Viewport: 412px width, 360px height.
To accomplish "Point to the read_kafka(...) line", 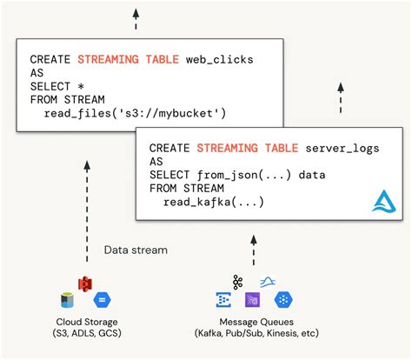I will (x=214, y=202).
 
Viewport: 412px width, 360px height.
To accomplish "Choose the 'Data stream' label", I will (x=136, y=250).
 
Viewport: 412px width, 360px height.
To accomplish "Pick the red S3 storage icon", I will (x=85, y=283).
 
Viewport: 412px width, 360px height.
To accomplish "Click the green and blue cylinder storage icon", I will (x=67, y=300).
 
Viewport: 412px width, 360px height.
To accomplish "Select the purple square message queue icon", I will (x=253, y=300).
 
